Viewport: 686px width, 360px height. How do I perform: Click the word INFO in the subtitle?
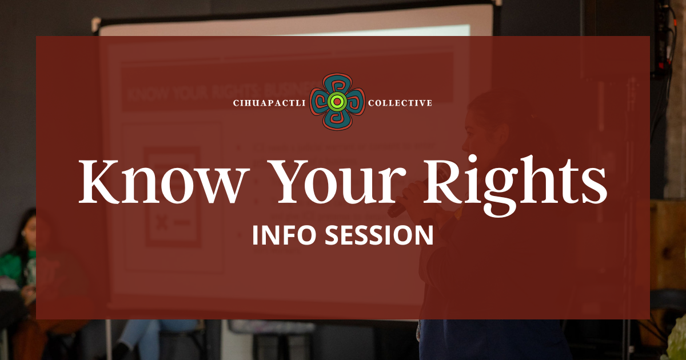[x=284, y=235]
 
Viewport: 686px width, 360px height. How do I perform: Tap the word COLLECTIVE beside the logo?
[x=400, y=103]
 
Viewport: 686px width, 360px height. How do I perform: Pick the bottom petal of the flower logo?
[x=337, y=120]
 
